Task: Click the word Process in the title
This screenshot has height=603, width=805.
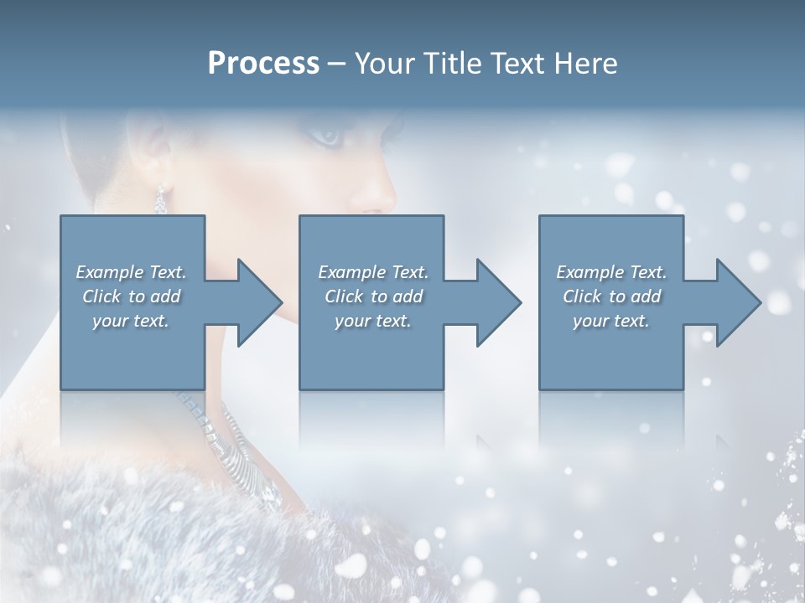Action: pos(263,64)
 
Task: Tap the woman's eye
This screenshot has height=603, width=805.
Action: pos(327,134)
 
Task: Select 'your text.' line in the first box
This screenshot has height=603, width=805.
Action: pos(131,320)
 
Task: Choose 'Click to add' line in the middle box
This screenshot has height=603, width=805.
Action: pos(372,296)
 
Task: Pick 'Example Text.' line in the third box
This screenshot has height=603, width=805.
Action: pos(611,271)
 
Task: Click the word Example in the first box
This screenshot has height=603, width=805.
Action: pos(109,271)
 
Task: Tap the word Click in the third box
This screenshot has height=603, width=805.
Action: pos(582,296)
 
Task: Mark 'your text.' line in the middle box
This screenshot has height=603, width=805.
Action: pos(372,320)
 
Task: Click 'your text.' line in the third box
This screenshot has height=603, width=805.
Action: pos(611,320)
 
